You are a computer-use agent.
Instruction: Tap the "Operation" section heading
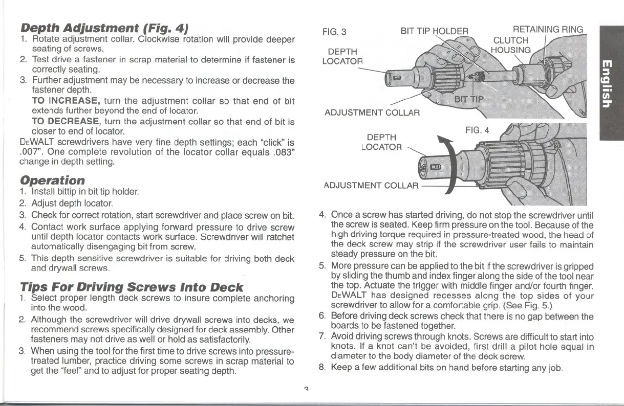52,181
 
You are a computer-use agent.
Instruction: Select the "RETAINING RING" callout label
548,30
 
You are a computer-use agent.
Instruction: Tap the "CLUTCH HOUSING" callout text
511,45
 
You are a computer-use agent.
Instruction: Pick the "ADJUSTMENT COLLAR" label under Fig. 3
373,112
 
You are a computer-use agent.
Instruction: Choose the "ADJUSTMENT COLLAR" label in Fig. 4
372,184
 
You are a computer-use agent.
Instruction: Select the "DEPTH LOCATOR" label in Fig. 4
381,143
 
